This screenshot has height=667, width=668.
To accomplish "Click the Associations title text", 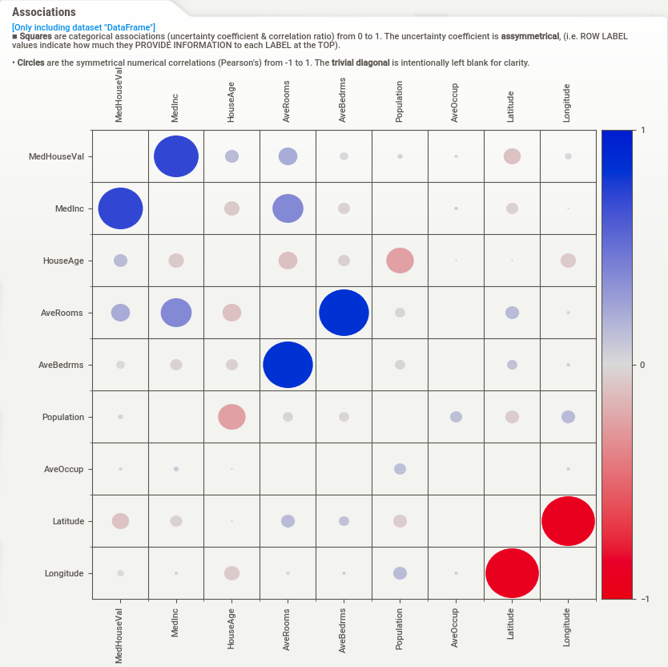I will [x=44, y=13].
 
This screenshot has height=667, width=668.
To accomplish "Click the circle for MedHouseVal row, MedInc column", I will [x=176, y=156].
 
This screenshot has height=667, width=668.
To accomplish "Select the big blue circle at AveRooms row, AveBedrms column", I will [x=344, y=313].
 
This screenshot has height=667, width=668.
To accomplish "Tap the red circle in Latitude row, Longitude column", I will [x=568, y=521].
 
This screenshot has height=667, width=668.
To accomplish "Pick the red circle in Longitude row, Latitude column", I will [x=512, y=573].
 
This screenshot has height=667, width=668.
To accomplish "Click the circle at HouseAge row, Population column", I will [x=400, y=261].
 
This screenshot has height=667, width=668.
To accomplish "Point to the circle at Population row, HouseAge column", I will [x=232, y=417].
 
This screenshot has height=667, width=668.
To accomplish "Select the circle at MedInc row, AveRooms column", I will [x=288, y=208].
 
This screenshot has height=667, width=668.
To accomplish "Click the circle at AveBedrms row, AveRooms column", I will [x=288, y=365].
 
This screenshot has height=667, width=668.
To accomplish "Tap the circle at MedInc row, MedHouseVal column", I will [x=120, y=208].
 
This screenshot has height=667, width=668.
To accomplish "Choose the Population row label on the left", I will [x=63, y=418].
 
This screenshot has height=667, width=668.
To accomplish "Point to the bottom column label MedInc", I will [x=175, y=622].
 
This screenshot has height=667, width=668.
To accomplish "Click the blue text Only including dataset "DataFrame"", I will [x=83, y=28].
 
